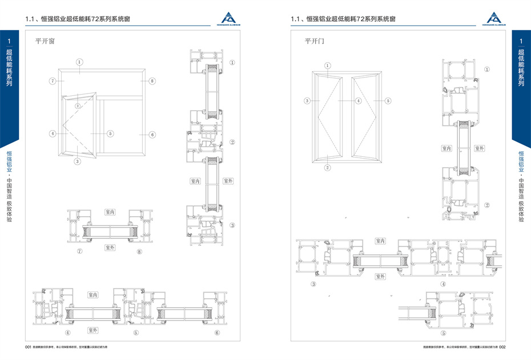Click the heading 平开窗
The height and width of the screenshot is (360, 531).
[x=44, y=41]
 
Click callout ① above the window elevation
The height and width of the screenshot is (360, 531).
[x=80, y=62]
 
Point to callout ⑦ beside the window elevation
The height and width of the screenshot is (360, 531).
[x=52, y=82]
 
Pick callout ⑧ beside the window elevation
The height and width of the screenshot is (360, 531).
[x=152, y=82]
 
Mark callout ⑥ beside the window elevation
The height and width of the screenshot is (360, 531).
[x=152, y=135]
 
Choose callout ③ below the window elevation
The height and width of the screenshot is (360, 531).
[x=78, y=161]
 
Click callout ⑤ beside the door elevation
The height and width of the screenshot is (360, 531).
[x=387, y=100]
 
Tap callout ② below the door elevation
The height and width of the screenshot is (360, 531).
[x=328, y=168]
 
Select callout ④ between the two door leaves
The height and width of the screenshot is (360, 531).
[x=359, y=100]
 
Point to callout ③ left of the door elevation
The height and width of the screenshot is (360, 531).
[x=307, y=100]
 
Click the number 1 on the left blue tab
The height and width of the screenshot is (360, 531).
[x=9, y=42]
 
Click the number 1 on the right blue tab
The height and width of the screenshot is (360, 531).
[x=521, y=42]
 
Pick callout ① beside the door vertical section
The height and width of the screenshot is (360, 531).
[x=487, y=69]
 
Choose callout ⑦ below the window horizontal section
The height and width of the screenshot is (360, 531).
[x=80, y=250]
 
